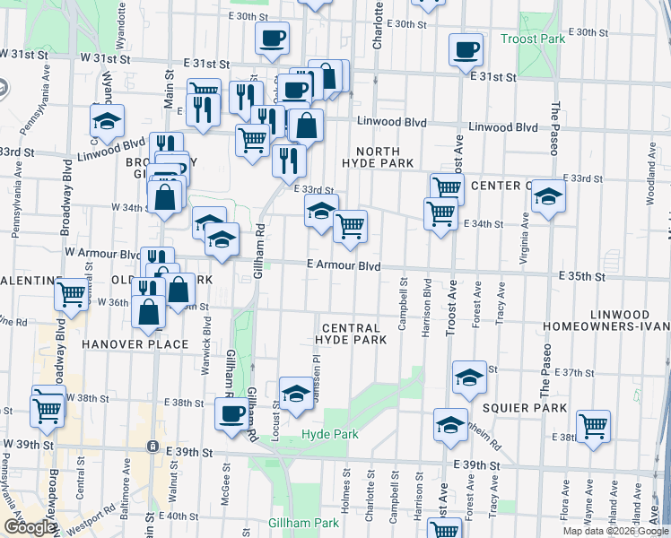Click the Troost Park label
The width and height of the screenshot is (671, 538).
tap(533, 39)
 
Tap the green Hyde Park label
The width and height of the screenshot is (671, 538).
tap(329, 434)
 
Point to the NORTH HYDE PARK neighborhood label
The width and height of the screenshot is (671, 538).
tap(377, 158)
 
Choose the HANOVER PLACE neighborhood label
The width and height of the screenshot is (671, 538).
tap(135, 344)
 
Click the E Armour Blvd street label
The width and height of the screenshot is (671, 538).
tap(344, 266)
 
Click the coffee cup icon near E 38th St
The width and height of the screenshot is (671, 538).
tap(231, 413)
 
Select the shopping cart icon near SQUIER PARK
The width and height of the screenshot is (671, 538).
tap(593, 425)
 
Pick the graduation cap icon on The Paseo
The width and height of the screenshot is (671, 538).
tap(548, 196)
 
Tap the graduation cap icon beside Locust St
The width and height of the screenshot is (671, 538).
tap(295, 394)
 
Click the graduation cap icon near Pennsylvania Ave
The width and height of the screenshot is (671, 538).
tap(107, 121)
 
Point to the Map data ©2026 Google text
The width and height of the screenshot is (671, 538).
tap(615, 531)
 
